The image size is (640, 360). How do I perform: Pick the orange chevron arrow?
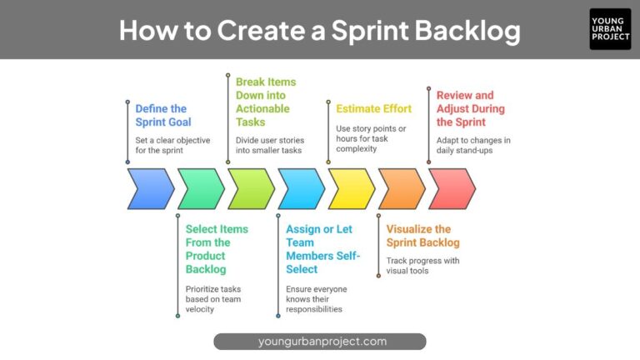402,188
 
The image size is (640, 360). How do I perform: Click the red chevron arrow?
452,188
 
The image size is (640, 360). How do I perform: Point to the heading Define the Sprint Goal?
162,115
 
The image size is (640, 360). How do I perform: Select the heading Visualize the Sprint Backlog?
422,236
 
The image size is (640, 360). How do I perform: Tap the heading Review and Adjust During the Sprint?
470,108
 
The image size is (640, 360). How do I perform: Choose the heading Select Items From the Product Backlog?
217,248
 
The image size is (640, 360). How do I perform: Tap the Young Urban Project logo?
610,29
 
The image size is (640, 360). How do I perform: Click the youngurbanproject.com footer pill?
320,341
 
